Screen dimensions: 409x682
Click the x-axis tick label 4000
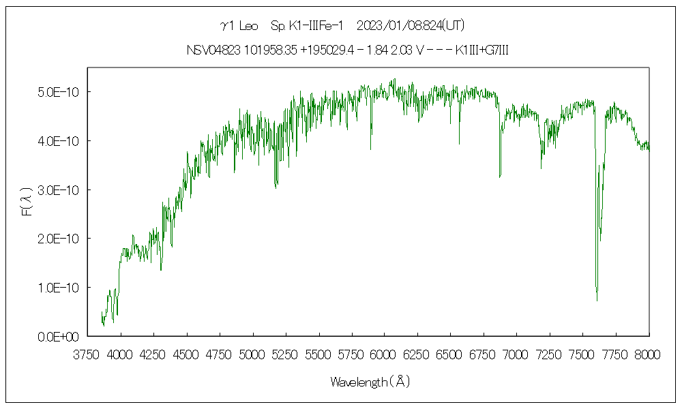[121, 355]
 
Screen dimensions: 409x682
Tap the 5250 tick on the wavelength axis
[286, 355]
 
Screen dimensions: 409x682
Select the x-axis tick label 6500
[451, 355]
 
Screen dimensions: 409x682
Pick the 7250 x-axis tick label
[550, 355]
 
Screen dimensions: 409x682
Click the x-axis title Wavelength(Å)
[370, 382]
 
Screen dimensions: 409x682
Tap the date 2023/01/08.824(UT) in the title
[410, 27]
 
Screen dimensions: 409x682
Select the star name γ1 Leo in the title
[239, 27]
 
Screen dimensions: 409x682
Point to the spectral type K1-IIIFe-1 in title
[306, 27]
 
